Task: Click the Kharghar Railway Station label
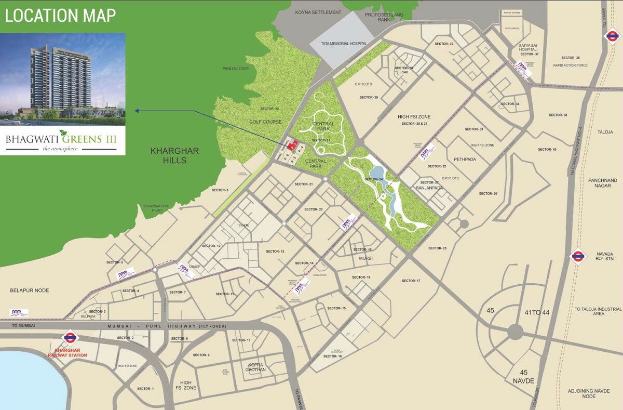tap(67, 353)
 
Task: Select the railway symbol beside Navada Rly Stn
tap(578, 256)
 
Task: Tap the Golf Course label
tap(265, 122)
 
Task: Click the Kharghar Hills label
tap(174, 155)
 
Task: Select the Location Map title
tap(60, 15)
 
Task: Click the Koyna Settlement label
tap(318, 12)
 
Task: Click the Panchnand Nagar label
tap(603, 183)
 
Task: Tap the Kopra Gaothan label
tap(256, 367)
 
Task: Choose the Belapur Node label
tap(29, 290)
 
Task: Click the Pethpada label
tap(465, 160)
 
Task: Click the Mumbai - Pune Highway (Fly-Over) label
tap(156, 326)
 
